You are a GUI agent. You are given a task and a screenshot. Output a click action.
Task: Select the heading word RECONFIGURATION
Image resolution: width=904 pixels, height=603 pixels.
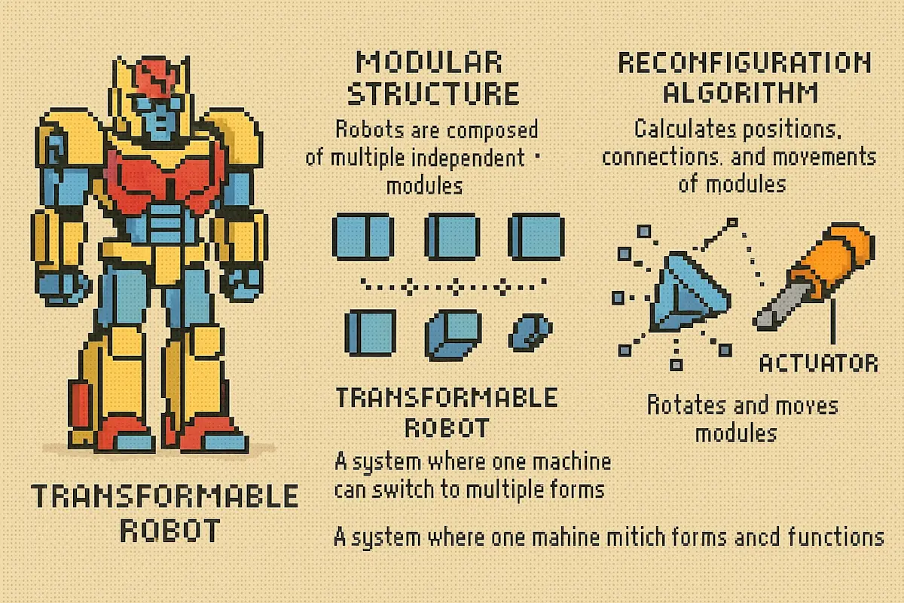pyautogui.click(x=744, y=63)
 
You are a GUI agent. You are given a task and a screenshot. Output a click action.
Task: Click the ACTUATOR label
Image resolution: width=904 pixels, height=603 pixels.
pyautogui.click(x=819, y=363)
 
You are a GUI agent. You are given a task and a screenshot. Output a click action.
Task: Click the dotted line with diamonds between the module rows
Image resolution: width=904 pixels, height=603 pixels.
pyautogui.click(x=452, y=286)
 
